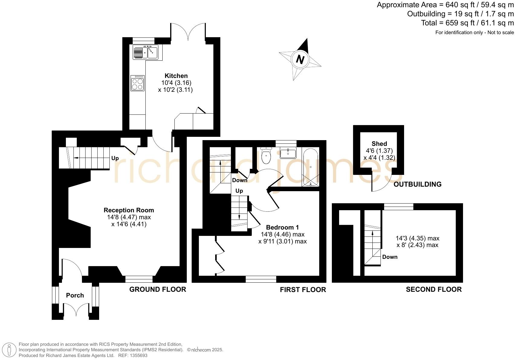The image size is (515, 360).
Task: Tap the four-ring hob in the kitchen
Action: [138, 83]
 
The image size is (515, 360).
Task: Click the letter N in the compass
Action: [300, 59]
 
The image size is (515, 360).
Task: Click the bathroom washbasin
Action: [288, 153]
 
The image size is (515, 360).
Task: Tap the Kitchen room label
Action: [176, 76]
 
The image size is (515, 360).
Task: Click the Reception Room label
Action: [129, 210]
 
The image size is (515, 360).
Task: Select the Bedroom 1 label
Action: [282, 227]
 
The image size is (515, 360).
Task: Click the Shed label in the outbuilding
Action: [379, 144]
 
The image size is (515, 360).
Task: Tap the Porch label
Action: [75, 295]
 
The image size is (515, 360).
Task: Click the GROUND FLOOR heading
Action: [157, 289]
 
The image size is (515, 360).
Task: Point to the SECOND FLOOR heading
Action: [433, 290]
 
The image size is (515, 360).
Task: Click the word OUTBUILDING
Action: [417, 184]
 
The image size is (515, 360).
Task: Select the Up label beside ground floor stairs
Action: [115, 158]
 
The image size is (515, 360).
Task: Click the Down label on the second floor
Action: [390, 257]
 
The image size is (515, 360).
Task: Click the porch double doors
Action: [76, 311]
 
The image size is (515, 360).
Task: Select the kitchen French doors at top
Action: [188, 32]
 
